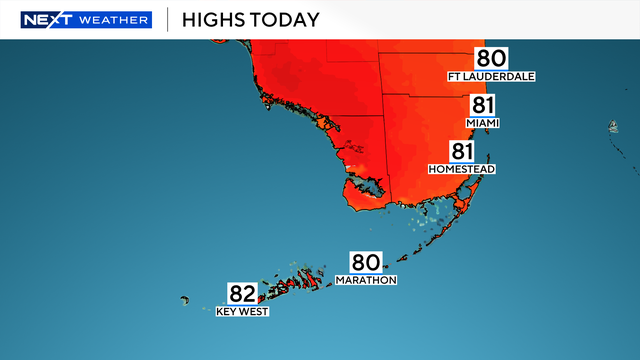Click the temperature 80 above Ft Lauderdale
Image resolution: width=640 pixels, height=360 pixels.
coord(491,59)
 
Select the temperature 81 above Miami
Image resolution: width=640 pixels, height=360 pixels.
coord(483,106)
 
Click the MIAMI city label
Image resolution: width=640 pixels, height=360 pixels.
coord(483,123)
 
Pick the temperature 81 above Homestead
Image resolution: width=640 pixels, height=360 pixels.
coord(462,152)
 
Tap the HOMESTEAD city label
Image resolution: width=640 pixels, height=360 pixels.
coord(462,169)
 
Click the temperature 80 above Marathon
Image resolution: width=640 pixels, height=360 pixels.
coord(365,263)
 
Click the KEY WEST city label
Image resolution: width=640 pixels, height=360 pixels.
coord(243,311)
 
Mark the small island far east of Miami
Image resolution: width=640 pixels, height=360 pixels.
coord(612,127)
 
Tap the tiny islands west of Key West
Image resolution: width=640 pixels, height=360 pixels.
coord(185,299)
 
